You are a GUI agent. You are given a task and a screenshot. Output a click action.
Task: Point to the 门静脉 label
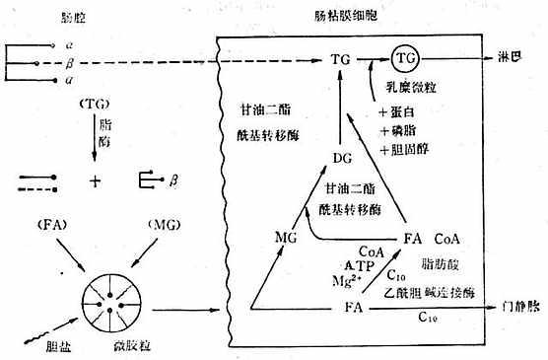pyautogui.click(x=519, y=308)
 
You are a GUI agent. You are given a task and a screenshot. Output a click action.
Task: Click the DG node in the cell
pyautogui.click(x=343, y=157)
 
